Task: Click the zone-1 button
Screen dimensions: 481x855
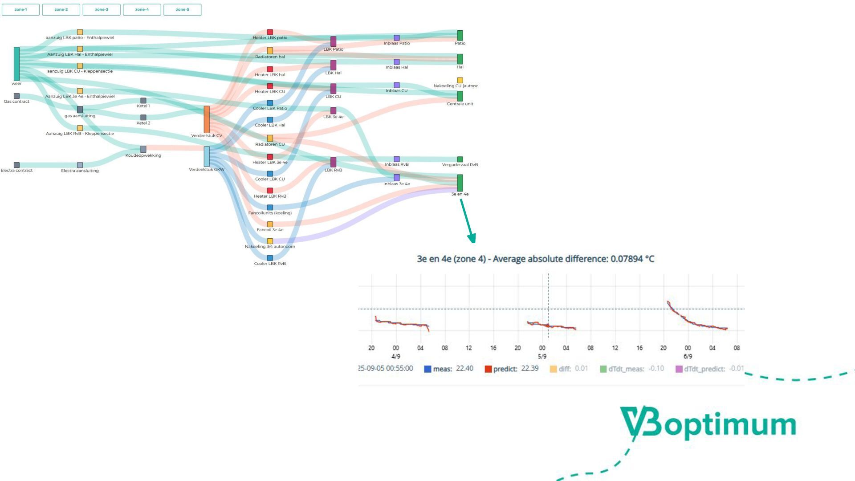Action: coord(20,9)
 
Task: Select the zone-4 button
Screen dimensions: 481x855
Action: coord(142,9)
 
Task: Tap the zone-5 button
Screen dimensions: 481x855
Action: coord(182,9)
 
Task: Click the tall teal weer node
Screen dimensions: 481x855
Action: coord(16,64)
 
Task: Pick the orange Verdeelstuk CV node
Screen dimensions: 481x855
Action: coord(207,119)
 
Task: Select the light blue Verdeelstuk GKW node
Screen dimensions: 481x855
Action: coord(207,156)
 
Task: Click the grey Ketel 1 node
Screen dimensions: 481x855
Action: coord(143,101)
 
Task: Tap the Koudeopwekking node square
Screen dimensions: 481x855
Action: coord(143,149)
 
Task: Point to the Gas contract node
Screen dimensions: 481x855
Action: coord(16,96)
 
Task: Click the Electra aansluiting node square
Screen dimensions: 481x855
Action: coord(80,165)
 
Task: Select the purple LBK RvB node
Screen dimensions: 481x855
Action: coord(333,162)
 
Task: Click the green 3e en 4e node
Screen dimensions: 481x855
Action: coord(460,183)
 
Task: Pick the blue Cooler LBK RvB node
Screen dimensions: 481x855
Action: coord(270,258)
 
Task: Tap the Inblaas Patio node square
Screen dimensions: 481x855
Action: coord(397,38)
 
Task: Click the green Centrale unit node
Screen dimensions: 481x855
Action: coord(460,96)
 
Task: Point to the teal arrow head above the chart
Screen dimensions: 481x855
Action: coord(472,238)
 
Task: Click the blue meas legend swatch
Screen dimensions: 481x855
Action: coord(427,369)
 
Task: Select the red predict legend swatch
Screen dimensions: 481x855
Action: coord(488,369)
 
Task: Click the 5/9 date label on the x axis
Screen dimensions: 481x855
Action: coord(542,356)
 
